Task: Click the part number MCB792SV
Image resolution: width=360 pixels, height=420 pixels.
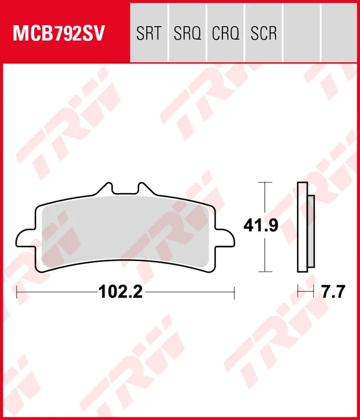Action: [x=59, y=34]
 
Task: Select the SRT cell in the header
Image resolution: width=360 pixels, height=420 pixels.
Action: [x=148, y=34]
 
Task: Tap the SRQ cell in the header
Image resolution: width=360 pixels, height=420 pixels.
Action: [x=187, y=34]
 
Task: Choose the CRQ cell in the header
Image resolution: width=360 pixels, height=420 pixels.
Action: [x=225, y=34]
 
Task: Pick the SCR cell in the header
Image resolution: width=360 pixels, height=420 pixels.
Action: [x=264, y=34]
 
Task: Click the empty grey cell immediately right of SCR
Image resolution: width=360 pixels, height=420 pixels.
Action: [x=302, y=34]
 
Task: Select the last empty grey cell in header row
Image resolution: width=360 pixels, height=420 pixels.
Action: [x=340, y=34]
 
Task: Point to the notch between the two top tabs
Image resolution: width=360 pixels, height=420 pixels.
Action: [x=125, y=194]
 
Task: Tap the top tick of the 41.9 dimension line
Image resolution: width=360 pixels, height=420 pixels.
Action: [x=265, y=182]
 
